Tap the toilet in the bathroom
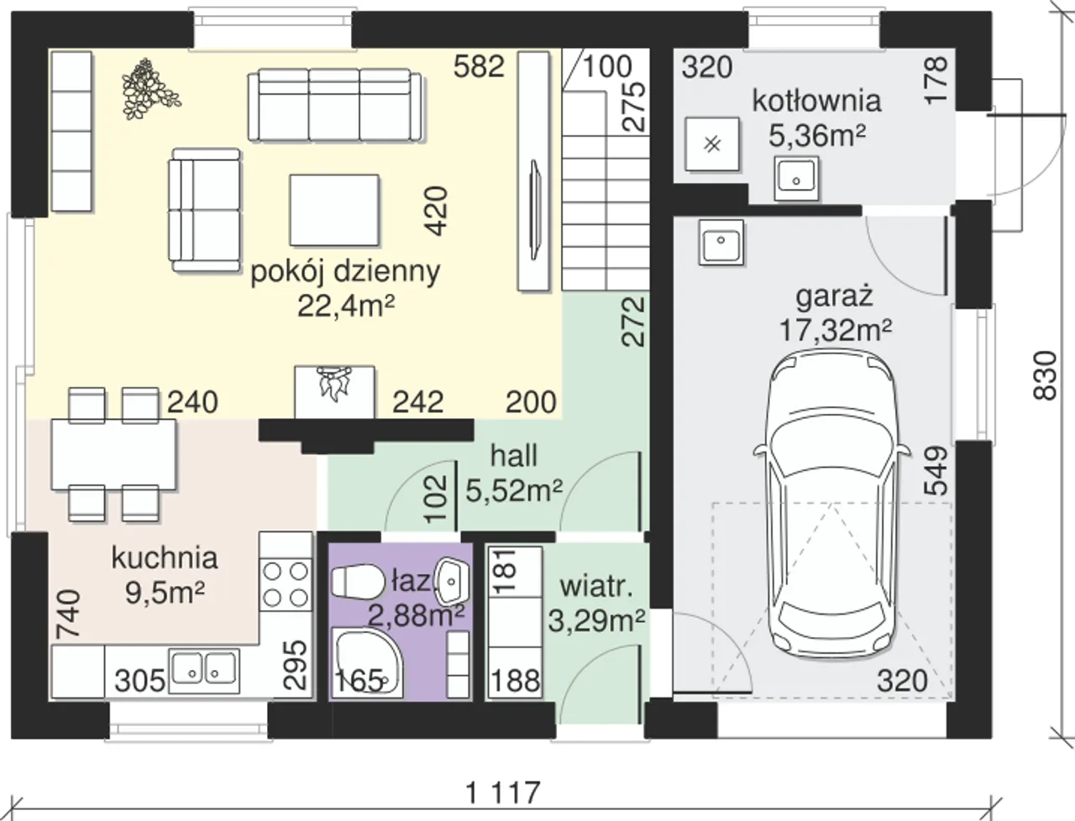click(x=357, y=583)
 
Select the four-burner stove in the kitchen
click(x=286, y=584)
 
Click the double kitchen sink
click(x=204, y=672)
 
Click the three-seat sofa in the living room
click(x=334, y=106)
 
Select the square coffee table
click(x=334, y=210)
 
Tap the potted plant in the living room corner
click(x=149, y=89)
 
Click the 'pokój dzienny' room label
click(x=345, y=272)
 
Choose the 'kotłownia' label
click(x=816, y=101)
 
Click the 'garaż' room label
click(x=834, y=296)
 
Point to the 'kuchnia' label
click(x=165, y=558)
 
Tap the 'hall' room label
click(x=514, y=455)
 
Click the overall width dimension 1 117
click(x=504, y=793)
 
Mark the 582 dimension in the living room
click(x=479, y=66)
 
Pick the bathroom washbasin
click(x=453, y=581)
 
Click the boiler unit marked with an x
click(x=711, y=144)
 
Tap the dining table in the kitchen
click(x=113, y=454)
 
